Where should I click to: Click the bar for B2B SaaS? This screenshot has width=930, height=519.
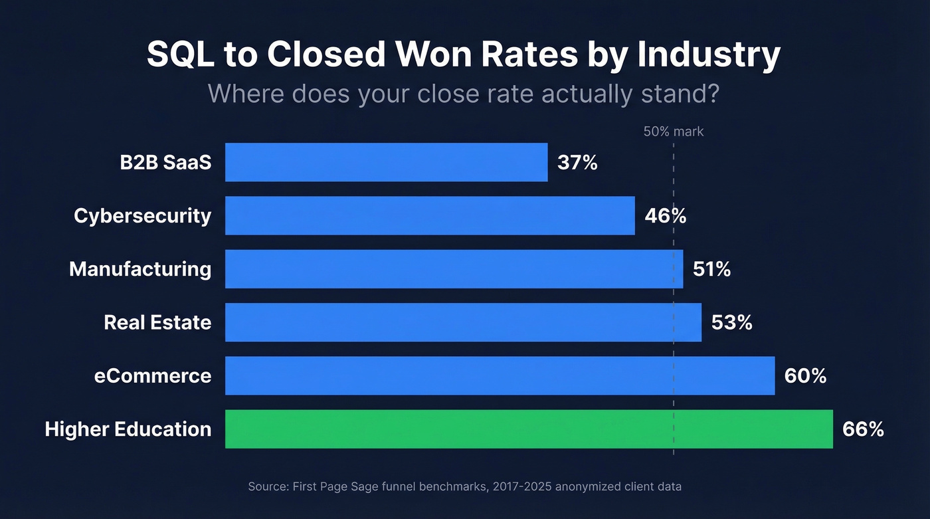point(386,162)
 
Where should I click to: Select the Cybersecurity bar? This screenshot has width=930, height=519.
point(430,215)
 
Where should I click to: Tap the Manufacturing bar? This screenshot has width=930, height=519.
point(454,268)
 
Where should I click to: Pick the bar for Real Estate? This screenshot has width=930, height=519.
point(463,322)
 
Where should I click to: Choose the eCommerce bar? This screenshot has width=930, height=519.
point(500,375)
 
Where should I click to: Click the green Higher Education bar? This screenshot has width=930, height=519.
point(529,429)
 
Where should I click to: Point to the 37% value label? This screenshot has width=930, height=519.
point(577,162)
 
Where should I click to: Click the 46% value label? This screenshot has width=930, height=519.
point(665,216)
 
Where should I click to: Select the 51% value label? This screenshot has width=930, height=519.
point(711,269)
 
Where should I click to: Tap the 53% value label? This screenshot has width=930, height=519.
point(731,322)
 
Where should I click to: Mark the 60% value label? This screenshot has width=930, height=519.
point(805,376)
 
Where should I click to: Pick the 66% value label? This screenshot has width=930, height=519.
point(863,429)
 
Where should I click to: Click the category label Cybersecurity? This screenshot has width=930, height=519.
point(142,216)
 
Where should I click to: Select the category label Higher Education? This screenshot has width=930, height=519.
point(128,429)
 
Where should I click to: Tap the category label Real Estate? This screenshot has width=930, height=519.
point(157,322)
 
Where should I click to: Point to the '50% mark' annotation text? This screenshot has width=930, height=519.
point(673,132)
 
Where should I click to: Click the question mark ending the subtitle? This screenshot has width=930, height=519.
point(713,94)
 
